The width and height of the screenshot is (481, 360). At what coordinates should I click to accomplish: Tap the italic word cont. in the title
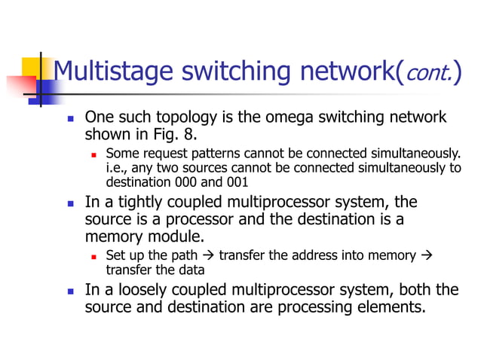point(421,72)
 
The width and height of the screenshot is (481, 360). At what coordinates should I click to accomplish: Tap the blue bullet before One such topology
point(70,119)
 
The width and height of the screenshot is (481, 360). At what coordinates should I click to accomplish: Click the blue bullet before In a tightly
point(70,204)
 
